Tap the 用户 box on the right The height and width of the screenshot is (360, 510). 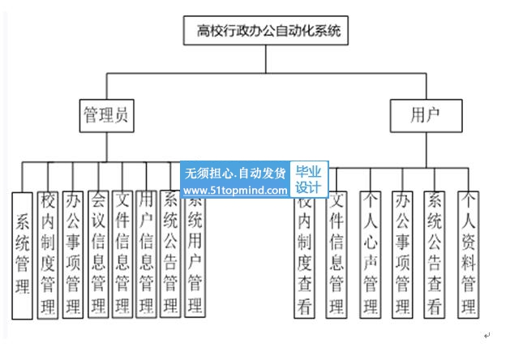[426, 117]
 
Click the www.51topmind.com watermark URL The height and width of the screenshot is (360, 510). [235, 191]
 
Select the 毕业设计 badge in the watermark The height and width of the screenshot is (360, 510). [308, 179]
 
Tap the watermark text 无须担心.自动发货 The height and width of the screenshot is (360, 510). [235, 173]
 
